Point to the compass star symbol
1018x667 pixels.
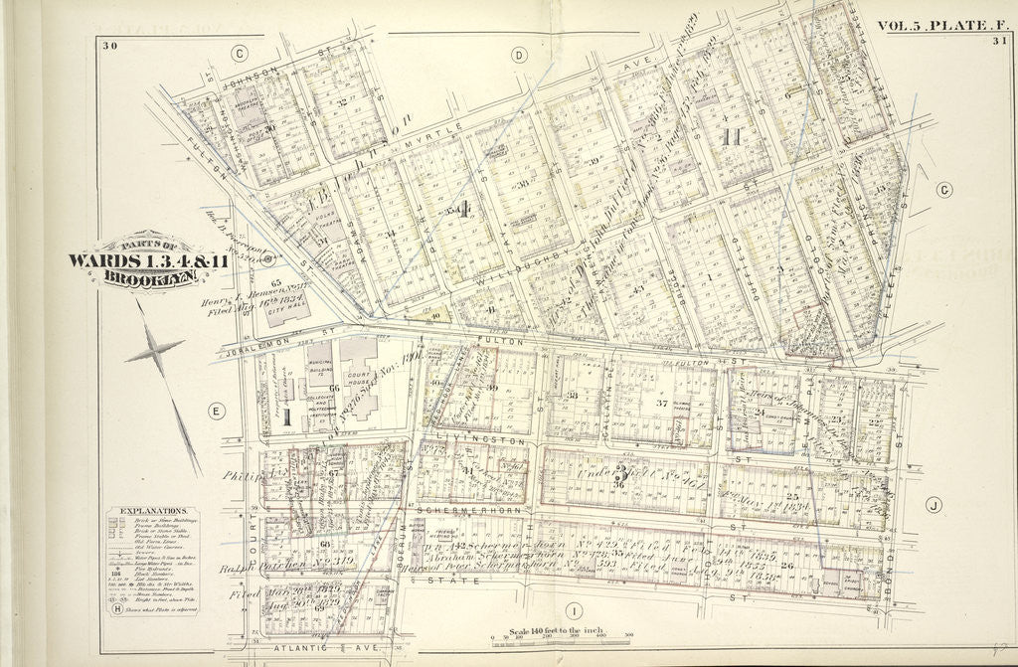(x=155, y=347)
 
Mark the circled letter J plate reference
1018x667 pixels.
(x=934, y=505)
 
